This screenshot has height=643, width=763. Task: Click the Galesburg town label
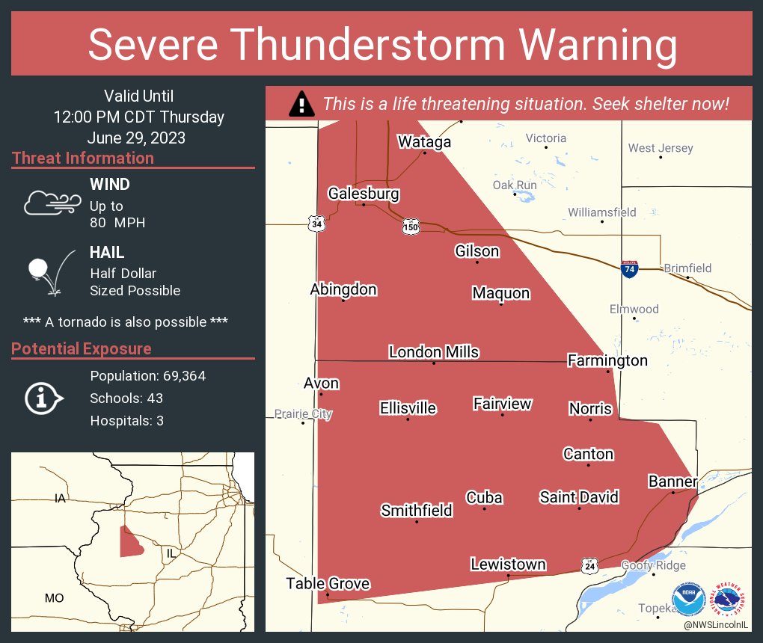[x=364, y=194]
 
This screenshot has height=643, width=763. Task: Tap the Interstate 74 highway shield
[x=629, y=269]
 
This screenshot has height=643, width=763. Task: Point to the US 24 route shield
[x=590, y=565]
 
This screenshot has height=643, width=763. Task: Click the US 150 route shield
[x=411, y=226]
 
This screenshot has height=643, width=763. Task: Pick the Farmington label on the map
[x=607, y=360]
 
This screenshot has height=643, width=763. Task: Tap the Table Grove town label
[x=328, y=583]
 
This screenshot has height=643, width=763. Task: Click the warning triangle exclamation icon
[x=301, y=104]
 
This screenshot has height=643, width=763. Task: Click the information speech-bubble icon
[x=43, y=398]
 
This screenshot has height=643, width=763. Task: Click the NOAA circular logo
[x=688, y=600]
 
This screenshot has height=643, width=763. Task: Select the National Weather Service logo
[x=729, y=600]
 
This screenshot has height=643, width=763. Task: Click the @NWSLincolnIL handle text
[x=716, y=624]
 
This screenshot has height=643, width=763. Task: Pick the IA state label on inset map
[x=60, y=498]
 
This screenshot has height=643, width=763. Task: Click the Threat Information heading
[x=83, y=158]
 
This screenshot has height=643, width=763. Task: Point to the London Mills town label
[x=434, y=352]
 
